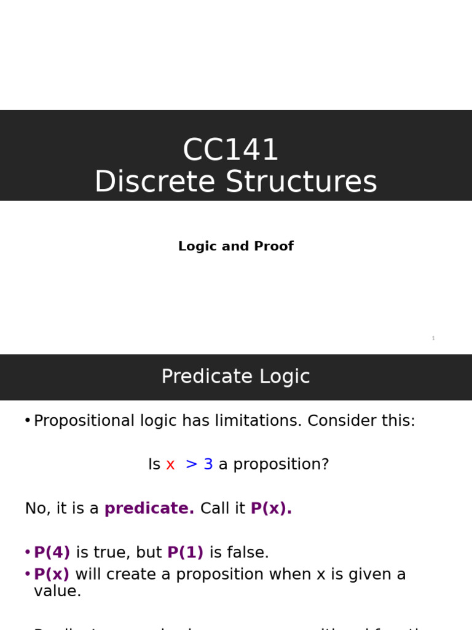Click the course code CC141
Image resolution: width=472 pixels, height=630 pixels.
(230, 150)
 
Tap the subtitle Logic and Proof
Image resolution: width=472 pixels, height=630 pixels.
(235, 246)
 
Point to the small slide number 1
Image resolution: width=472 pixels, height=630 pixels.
(433, 338)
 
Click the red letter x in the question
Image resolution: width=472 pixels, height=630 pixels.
(170, 465)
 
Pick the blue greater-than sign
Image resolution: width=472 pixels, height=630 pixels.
(191, 465)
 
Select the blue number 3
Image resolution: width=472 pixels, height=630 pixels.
(208, 465)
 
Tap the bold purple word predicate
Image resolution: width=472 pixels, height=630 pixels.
(149, 509)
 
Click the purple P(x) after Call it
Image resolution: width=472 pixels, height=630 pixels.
(271, 509)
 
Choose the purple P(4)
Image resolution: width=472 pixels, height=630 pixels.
(52, 552)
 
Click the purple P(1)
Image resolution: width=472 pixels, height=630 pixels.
(185, 552)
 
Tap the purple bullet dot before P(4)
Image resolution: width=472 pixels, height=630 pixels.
(27, 552)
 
